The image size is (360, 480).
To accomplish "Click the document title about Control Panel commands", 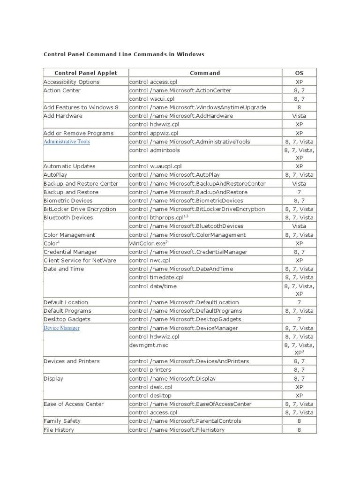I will [x=124, y=54].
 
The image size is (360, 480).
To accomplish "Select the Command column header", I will [x=205, y=73].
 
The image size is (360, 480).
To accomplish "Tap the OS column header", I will [x=299, y=73].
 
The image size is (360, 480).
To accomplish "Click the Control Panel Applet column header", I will [x=86, y=73].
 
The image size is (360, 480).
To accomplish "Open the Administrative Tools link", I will [x=67, y=142].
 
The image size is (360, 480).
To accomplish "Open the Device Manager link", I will [x=61, y=328].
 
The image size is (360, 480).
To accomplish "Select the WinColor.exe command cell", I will [x=148, y=243].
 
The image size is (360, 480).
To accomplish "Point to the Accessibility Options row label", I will [x=71, y=82].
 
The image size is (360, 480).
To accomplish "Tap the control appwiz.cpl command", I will [x=154, y=133].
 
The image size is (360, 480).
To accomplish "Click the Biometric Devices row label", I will [x=68, y=201].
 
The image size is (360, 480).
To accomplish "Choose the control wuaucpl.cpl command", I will [x=155, y=166].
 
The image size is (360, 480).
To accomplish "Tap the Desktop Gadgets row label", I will [x=67, y=319].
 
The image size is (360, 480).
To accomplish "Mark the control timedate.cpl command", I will [x=156, y=277].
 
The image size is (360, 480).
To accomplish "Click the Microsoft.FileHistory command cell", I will [x=177, y=430].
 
